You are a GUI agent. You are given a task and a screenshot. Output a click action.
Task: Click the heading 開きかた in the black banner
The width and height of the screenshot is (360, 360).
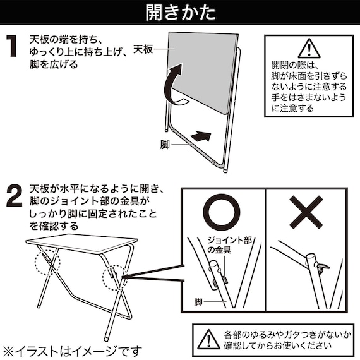click(179, 13)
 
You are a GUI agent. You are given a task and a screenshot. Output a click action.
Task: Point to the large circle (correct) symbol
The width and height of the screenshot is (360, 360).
click(225, 212)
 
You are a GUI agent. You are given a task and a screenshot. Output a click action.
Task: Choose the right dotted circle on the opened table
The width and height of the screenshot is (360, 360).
click(112, 276)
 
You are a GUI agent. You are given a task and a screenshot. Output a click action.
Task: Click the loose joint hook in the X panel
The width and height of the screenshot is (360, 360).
click(323, 269)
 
